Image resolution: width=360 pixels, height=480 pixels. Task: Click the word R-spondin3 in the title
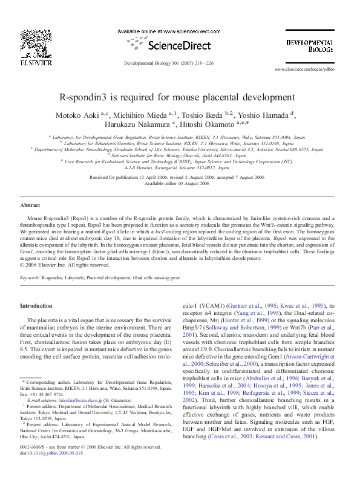tap(87, 97)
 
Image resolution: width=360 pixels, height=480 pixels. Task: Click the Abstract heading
tap(30, 206)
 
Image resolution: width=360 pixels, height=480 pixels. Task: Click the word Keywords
tap(30, 277)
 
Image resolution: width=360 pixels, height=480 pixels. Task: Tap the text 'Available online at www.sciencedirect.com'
tap(167, 31)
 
